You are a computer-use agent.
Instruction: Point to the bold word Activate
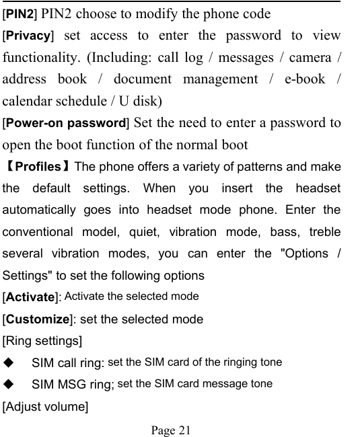click(x=31, y=297)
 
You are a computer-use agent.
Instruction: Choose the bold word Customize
click(x=38, y=319)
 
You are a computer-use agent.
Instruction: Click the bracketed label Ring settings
click(x=43, y=341)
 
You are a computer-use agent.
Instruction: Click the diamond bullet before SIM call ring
click(x=9, y=362)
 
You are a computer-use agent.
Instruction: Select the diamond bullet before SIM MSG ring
click(x=9, y=384)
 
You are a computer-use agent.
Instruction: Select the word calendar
click(x=30, y=102)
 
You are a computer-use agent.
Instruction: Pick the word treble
click(x=325, y=232)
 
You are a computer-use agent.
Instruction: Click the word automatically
click(x=44, y=210)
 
